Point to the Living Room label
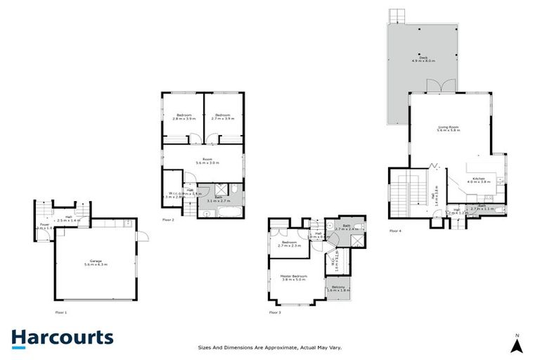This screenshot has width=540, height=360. click(x=448, y=129)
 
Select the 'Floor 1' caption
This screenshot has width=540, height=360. click(x=61, y=311)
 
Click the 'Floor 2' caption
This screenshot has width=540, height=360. click(x=168, y=220)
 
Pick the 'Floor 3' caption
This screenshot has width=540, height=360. click(x=275, y=311)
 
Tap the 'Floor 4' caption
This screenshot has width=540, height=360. click(x=395, y=230)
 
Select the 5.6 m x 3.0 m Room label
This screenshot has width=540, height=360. click(x=207, y=161)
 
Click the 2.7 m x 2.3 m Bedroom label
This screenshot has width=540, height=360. click(x=290, y=244)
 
